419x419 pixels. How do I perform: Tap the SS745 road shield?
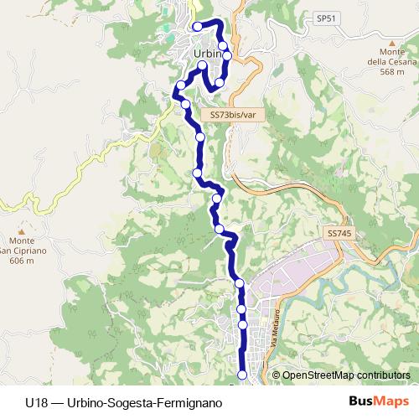[337, 232]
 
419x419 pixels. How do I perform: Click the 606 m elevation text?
[20, 261]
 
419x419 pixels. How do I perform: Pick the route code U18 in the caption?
[36, 402]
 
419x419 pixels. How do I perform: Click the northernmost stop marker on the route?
[197, 27]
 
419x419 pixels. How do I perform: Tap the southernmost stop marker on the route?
[243, 375]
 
